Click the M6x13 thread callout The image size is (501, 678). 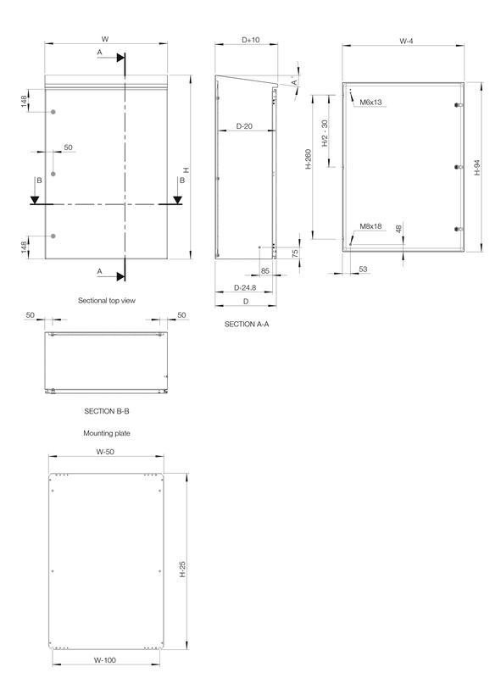tap(370, 103)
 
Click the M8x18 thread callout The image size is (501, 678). tap(370, 226)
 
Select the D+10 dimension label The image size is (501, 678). tap(251, 40)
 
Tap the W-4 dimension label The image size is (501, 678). tap(406, 41)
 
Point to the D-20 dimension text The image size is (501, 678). tap(244, 126)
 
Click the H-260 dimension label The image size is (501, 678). tap(309, 159)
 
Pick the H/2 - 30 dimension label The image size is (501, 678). tap(325, 133)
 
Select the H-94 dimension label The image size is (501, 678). tap(476, 167)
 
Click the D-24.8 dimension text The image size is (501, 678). tap(245, 287)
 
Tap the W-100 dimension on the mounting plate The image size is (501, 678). tap(105, 660)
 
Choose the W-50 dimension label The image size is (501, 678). tap(105, 452)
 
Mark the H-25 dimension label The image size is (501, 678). tap(182, 569)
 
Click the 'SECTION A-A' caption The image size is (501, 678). tap(247, 325)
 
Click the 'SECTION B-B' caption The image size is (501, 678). tap(107, 411)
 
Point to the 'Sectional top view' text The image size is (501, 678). tap(107, 301)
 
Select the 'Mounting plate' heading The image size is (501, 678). tap(107, 433)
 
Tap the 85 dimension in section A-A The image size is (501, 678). tap(265, 271)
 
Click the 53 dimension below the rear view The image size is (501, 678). tap(363, 269)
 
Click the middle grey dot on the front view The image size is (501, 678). tap(53, 174)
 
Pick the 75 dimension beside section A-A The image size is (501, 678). tap(295, 253)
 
